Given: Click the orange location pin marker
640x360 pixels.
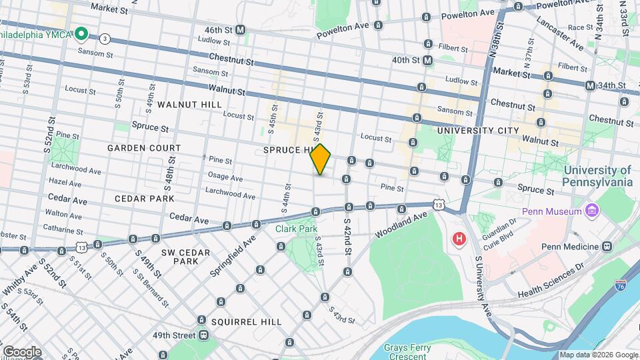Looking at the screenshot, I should (x=321, y=159).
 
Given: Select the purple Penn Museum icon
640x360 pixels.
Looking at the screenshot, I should (x=590, y=211).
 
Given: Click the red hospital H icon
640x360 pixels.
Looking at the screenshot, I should (x=459, y=238).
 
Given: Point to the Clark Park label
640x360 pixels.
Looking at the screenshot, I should (x=297, y=228).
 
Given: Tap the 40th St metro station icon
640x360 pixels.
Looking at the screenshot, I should (x=427, y=60).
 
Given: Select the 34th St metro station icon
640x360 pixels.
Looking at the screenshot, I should (x=590, y=85).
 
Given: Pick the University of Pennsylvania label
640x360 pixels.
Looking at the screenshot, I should (x=597, y=176).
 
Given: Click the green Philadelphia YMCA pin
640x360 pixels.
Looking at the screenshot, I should (x=81, y=33).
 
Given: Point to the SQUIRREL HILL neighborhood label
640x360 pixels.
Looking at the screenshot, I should (x=246, y=321).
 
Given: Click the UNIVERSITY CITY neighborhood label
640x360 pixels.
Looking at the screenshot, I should (x=477, y=131).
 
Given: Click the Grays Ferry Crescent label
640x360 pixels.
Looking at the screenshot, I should (x=406, y=351).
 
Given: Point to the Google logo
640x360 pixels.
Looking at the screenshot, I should (x=21, y=351).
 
